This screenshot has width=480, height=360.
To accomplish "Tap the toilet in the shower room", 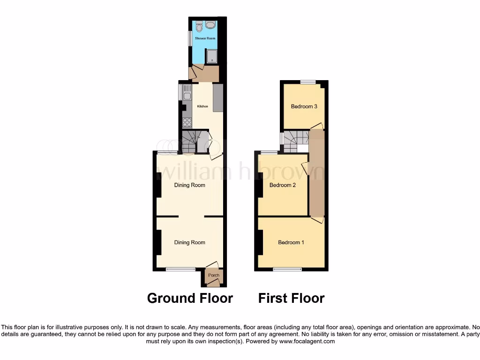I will pyautogui.click(x=199, y=25).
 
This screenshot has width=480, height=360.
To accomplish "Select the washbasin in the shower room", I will pyautogui.click(x=210, y=24).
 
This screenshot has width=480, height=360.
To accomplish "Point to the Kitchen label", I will pyautogui.click(x=202, y=106).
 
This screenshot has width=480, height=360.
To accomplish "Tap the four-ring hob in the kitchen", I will pyautogui.click(x=187, y=122).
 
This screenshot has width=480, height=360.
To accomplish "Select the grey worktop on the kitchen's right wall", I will pyautogui.click(x=217, y=98).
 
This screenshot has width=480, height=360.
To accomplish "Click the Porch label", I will pyautogui.click(x=214, y=275).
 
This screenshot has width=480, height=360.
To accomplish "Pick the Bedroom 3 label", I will pyautogui.click(x=304, y=106).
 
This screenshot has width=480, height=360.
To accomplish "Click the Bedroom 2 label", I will pyautogui.click(x=282, y=185).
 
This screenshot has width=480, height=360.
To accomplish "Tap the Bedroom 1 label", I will pyautogui.click(x=291, y=242).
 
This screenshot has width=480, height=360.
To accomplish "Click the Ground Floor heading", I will pyautogui.click(x=190, y=298).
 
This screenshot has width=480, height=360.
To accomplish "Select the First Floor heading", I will pyautogui.click(x=291, y=298).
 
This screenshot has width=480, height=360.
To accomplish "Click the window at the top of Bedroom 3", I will pyautogui.click(x=308, y=82).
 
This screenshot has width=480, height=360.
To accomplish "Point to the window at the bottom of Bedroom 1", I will pyautogui.click(x=287, y=270).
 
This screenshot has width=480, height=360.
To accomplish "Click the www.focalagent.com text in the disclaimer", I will pyautogui.click(x=307, y=341).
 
